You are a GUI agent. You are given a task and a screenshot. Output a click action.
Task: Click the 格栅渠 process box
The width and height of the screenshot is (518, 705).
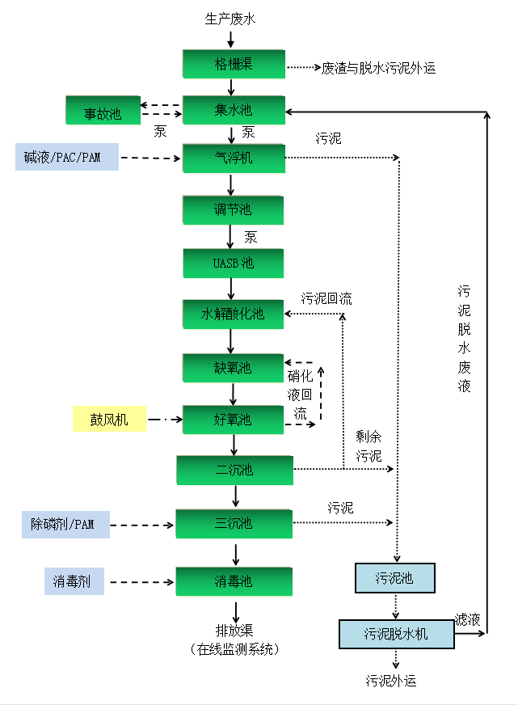point(234,64)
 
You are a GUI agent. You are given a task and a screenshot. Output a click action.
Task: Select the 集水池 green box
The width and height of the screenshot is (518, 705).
point(234,110)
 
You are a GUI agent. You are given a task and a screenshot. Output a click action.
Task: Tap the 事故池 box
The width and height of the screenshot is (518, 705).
point(103,112)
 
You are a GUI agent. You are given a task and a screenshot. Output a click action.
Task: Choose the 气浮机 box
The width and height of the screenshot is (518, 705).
point(234,158)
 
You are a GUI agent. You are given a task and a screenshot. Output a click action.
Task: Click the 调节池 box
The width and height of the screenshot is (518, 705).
point(233,209)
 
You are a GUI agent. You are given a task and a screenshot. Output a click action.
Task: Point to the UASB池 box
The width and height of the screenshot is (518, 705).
point(233,263)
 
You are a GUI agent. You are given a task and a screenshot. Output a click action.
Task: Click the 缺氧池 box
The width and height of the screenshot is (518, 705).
point(233,368)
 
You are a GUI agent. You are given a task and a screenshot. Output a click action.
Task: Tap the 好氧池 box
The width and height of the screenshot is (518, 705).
point(233,419)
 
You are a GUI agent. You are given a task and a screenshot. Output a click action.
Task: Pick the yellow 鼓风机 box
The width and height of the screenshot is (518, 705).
point(109,419)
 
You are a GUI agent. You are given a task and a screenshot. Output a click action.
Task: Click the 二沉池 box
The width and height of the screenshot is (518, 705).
point(234,470)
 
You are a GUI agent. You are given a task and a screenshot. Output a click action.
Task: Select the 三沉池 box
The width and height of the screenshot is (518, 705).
point(234,523)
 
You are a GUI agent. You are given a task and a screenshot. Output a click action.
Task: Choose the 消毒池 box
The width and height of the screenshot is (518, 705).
point(234,580)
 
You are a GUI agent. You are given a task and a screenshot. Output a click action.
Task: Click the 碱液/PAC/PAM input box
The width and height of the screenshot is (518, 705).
point(66,157)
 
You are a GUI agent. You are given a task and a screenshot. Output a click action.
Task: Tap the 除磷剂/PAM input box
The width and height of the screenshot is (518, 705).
point(63,524)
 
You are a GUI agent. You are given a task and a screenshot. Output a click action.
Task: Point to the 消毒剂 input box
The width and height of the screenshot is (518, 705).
point(74,581)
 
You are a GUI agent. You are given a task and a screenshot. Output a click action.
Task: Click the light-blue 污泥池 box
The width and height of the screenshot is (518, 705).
point(395,578)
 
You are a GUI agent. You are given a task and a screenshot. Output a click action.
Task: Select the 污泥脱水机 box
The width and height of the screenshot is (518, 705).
point(396,633)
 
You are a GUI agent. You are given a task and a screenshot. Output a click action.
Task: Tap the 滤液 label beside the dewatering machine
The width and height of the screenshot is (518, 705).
point(467,619)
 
